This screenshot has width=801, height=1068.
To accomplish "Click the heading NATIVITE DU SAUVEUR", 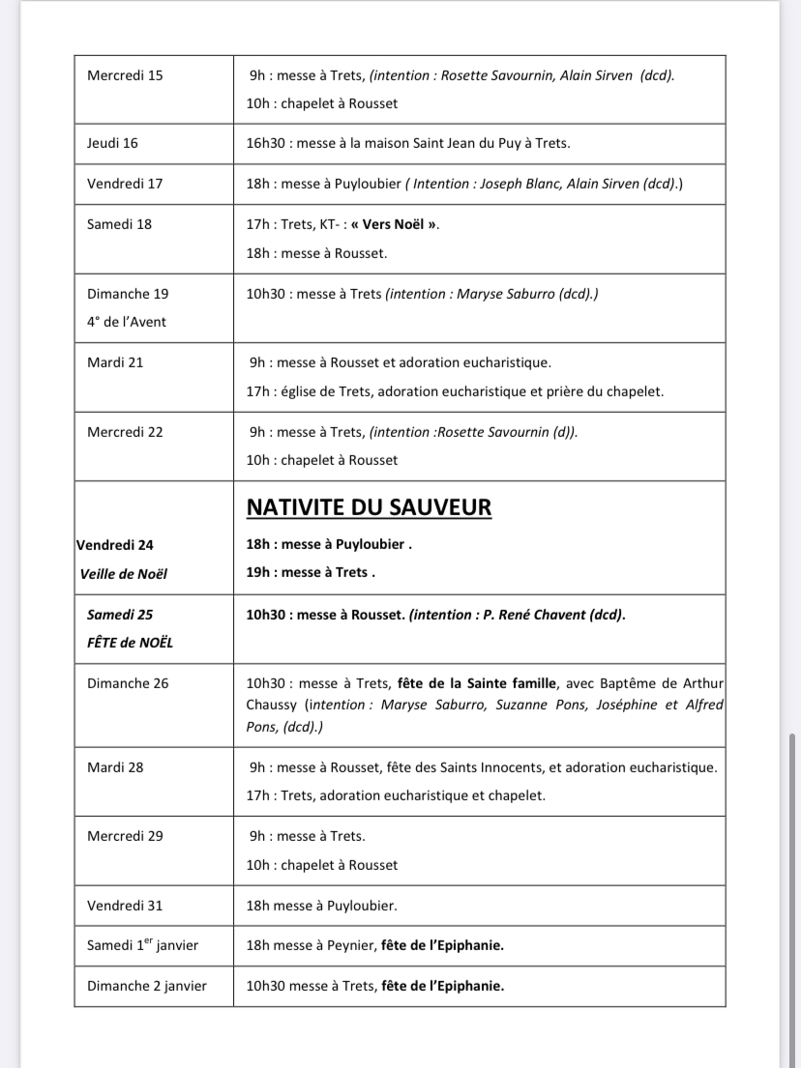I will [x=369, y=507].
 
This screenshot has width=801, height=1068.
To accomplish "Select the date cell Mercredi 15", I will [x=125, y=75].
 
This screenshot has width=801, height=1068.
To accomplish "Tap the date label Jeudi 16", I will [x=112, y=143].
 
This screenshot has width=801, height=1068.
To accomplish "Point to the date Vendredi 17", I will [x=125, y=184].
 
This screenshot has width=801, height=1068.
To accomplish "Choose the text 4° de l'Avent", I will [x=127, y=322].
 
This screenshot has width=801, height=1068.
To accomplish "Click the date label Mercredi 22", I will [x=125, y=432].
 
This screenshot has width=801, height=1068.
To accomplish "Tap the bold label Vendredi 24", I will [x=114, y=545].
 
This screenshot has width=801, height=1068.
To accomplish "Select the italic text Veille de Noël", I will [x=124, y=574].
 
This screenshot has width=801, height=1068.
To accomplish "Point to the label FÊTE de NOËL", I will [x=122, y=643].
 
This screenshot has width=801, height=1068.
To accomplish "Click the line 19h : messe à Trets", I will [x=310, y=572].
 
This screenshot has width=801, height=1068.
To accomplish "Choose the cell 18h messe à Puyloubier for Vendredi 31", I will [x=322, y=906].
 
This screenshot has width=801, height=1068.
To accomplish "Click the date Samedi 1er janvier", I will [x=142, y=945].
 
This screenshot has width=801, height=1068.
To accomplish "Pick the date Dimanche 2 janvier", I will [x=146, y=986].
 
